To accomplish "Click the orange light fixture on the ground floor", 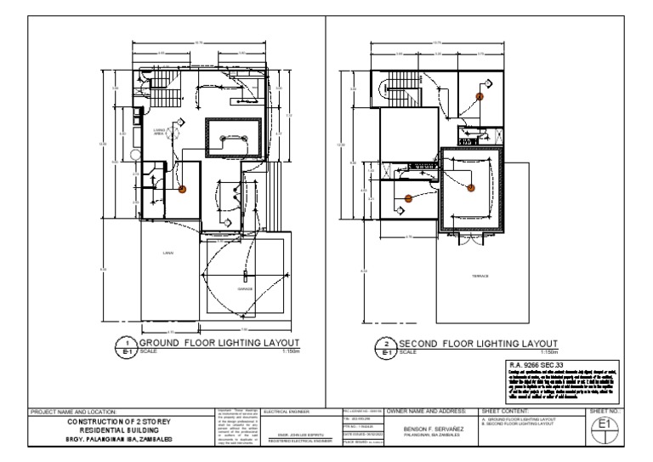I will coord(181,189).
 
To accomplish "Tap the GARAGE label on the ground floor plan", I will coord(245,289).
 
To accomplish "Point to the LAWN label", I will coord(167,253).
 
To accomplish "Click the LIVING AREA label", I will coord(160,131).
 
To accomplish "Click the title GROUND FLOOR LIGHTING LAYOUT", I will coord(222,342).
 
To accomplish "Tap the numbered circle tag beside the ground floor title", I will coord(128,346).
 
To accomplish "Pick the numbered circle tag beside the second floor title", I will coord(388,346).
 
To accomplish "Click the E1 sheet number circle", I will coord(605,425).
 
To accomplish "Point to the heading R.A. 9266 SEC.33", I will coord(531,362).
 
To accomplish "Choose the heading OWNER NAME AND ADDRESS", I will coord(429,412).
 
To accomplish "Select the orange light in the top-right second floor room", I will coord(480,97).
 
